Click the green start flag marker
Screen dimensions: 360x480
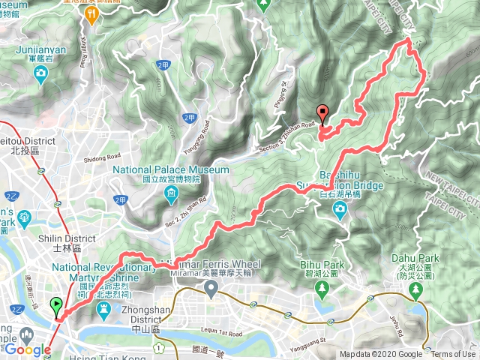tap(56, 305)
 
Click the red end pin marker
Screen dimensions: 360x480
tap(323, 114)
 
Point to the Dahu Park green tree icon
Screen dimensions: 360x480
tap(415, 295)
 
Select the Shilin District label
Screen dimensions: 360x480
tap(74, 238)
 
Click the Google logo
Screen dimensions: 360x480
tap(28, 349)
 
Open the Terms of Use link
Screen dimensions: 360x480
tap(453, 355)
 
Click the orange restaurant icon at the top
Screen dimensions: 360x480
tap(91, 13)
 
